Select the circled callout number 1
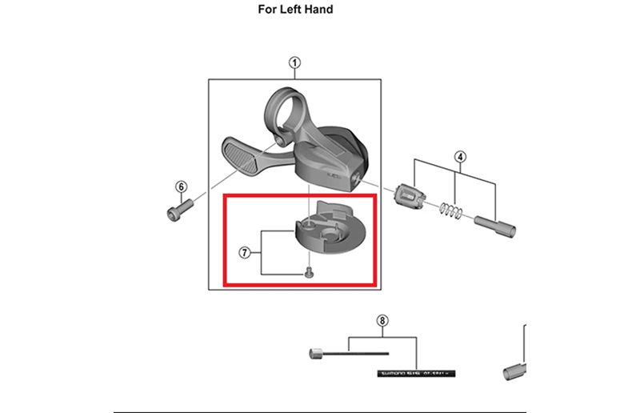294,63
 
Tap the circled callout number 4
460,155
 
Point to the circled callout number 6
181,186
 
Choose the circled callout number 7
245,253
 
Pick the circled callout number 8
382,321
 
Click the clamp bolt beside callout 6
177,212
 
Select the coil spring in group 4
454,211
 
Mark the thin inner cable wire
360,351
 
